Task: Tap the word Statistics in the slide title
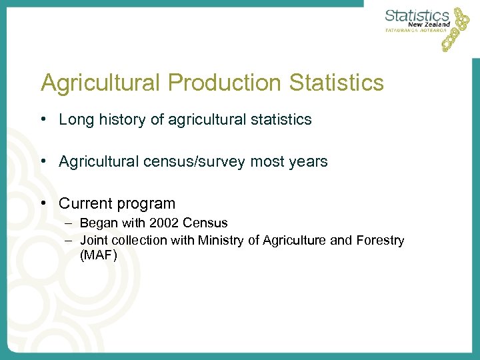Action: click(337, 83)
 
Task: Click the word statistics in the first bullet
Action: click(279, 120)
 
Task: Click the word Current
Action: click(84, 204)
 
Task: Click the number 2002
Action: click(163, 223)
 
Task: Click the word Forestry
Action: click(379, 240)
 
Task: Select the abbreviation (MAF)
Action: click(99, 255)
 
